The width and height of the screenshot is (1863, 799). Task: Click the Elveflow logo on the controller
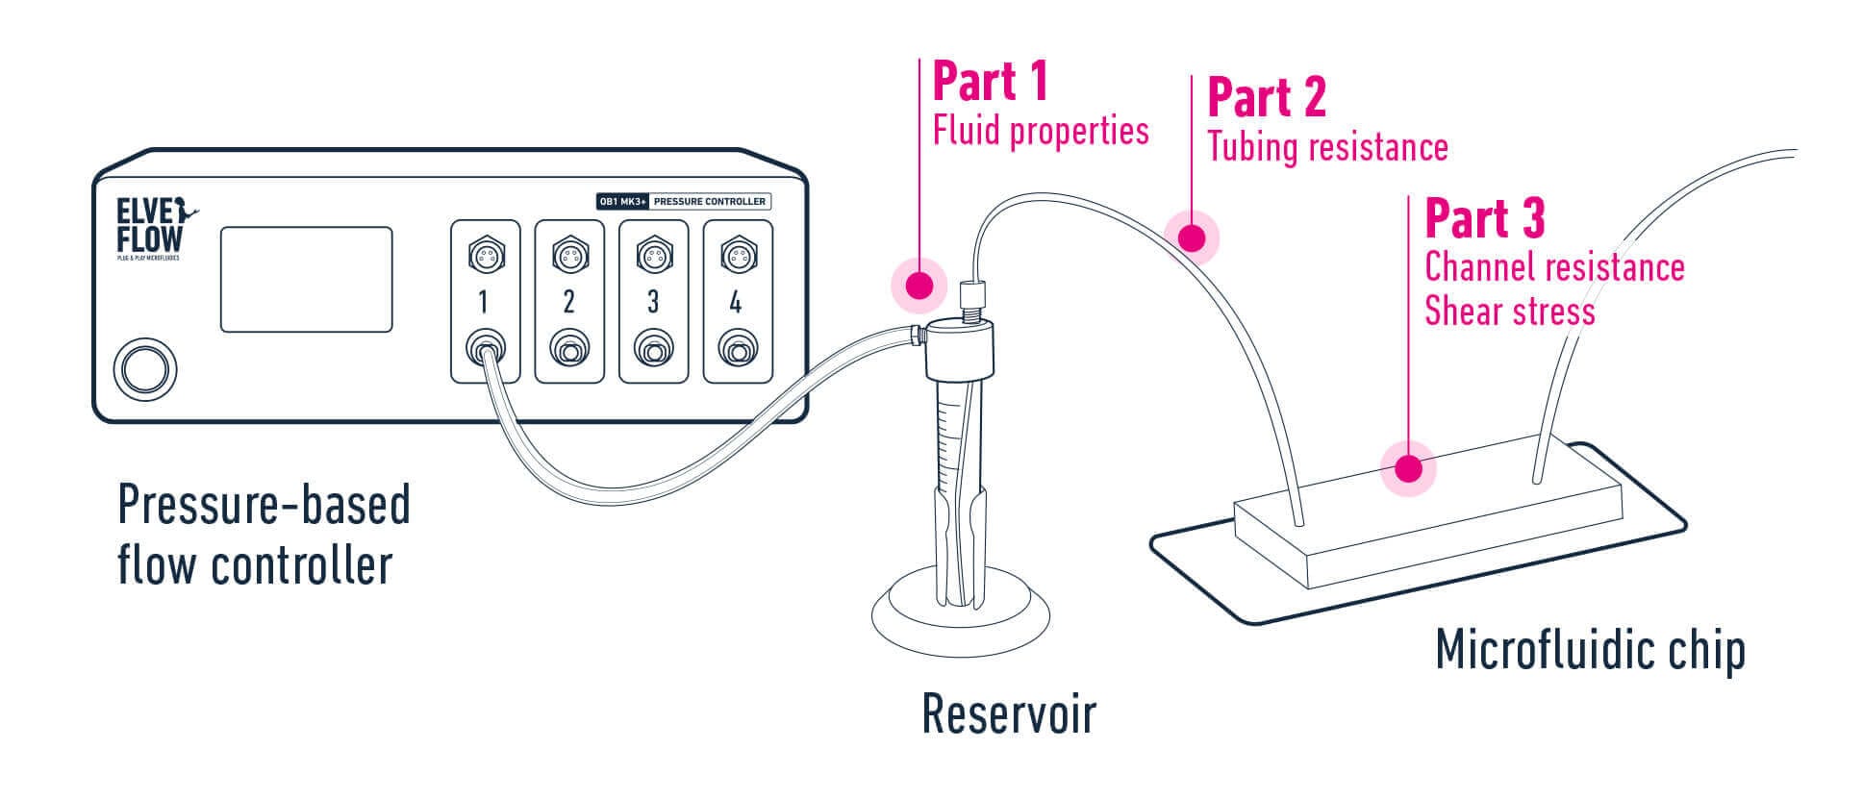(x=148, y=227)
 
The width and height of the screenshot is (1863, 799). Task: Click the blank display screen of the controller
(x=306, y=280)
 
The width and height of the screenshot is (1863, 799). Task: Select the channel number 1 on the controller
(x=484, y=303)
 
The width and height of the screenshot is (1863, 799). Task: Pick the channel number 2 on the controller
(x=568, y=303)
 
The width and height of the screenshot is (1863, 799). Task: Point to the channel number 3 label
(x=653, y=303)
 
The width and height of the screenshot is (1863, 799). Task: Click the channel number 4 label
(x=736, y=303)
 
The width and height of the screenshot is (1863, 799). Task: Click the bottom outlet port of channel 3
(x=653, y=350)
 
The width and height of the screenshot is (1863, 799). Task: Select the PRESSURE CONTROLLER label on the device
(x=710, y=202)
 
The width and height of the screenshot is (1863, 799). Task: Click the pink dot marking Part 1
(x=919, y=286)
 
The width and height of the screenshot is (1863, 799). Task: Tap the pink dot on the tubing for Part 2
(x=1192, y=237)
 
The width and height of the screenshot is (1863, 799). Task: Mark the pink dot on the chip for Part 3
(x=1408, y=469)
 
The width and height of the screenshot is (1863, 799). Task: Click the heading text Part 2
(x=1266, y=98)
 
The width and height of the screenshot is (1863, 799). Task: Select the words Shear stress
(x=1509, y=312)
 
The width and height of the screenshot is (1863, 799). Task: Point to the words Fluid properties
(x=1041, y=131)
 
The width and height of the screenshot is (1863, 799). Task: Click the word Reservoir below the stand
(x=1009, y=714)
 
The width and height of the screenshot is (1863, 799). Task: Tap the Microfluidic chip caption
(x=1590, y=651)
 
